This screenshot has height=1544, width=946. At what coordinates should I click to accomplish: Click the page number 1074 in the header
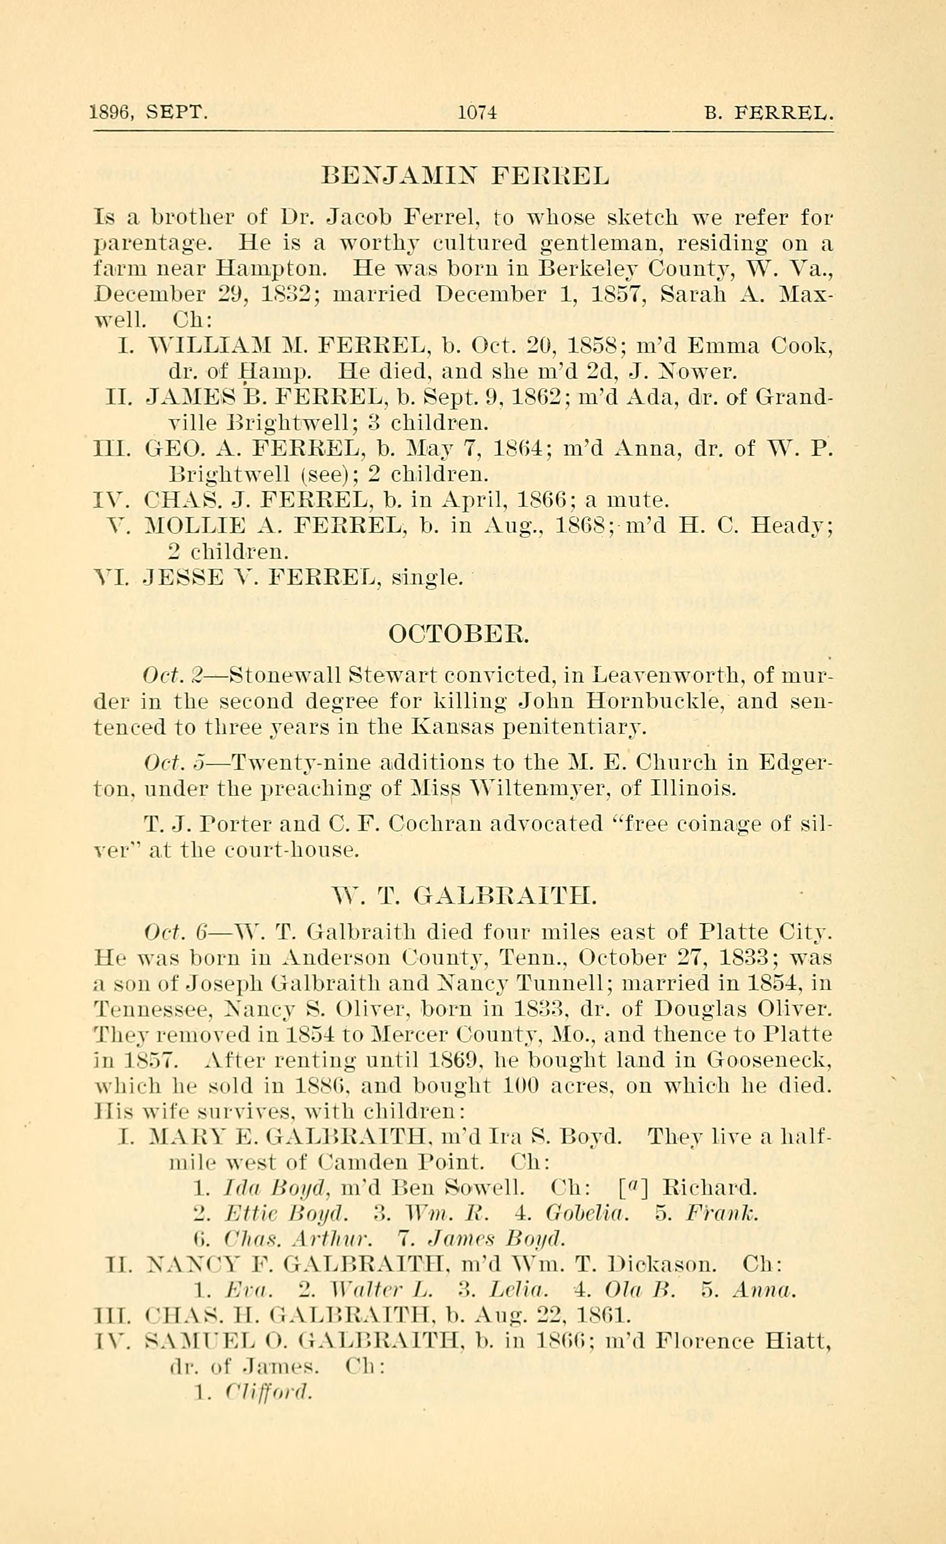pyautogui.click(x=477, y=113)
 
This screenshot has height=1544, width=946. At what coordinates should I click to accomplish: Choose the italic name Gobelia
pyautogui.click(x=588, y=1214)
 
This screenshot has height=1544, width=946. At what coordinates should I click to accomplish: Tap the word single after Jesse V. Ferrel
pyautogui.click(x=427, y=577)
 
